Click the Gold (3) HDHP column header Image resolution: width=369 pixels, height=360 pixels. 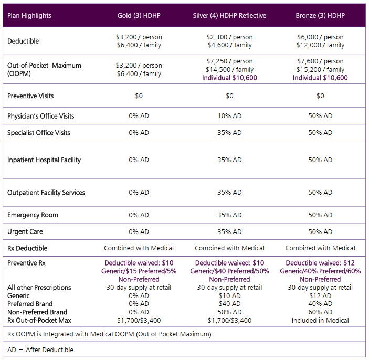click(139, 15)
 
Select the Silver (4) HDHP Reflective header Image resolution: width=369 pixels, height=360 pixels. click(229, 15)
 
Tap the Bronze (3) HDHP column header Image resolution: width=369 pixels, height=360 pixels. click(320, 15)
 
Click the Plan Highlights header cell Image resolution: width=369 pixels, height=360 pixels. click(29, 15)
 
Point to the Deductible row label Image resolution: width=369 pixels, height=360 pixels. click(23, 41)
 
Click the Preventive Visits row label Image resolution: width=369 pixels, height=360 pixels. click(30, 96)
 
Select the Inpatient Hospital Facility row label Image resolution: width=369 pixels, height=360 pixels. click(44, 160)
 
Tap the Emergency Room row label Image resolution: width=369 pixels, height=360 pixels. click(33, 215)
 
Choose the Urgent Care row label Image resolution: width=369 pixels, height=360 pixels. click(25, 231)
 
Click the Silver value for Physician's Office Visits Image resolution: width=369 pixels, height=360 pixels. click(229, 116)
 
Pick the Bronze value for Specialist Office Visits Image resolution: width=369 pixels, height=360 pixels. click(320, 133)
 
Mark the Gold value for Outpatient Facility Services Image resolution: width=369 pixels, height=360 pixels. click(139, 193)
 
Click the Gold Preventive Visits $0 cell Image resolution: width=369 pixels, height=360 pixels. click(139, 96)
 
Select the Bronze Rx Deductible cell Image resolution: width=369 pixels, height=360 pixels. click(320, 248)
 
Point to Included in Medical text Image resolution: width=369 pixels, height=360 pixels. click(320, 320)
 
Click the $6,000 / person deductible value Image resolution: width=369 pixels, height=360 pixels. click(320, 37)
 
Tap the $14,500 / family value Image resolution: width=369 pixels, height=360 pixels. click(229, 69)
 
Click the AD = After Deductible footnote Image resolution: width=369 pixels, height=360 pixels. click(40, 350)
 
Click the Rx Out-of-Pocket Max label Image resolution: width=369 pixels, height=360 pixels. click(39, 320)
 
